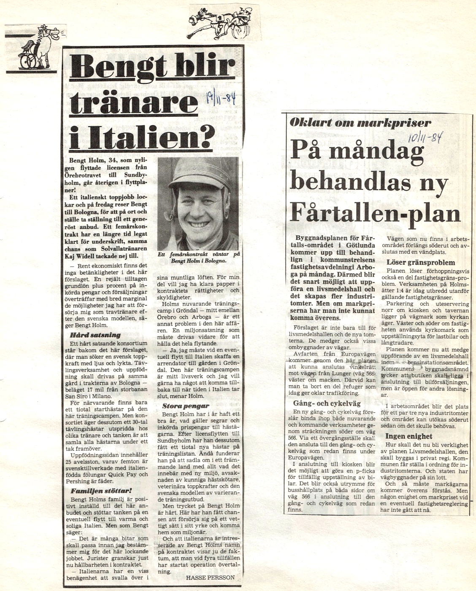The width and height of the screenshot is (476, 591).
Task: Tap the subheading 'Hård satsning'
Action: coord(95,335)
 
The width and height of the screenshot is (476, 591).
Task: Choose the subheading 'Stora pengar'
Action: coord(186,406)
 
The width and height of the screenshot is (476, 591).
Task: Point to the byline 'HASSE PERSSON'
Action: coord(210,578)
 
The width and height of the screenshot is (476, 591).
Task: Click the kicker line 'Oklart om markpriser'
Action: coord(360,123)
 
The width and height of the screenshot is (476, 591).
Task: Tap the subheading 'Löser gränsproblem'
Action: coord(415,262)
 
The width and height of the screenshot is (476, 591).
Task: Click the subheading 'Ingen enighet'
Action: coord(408,436)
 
